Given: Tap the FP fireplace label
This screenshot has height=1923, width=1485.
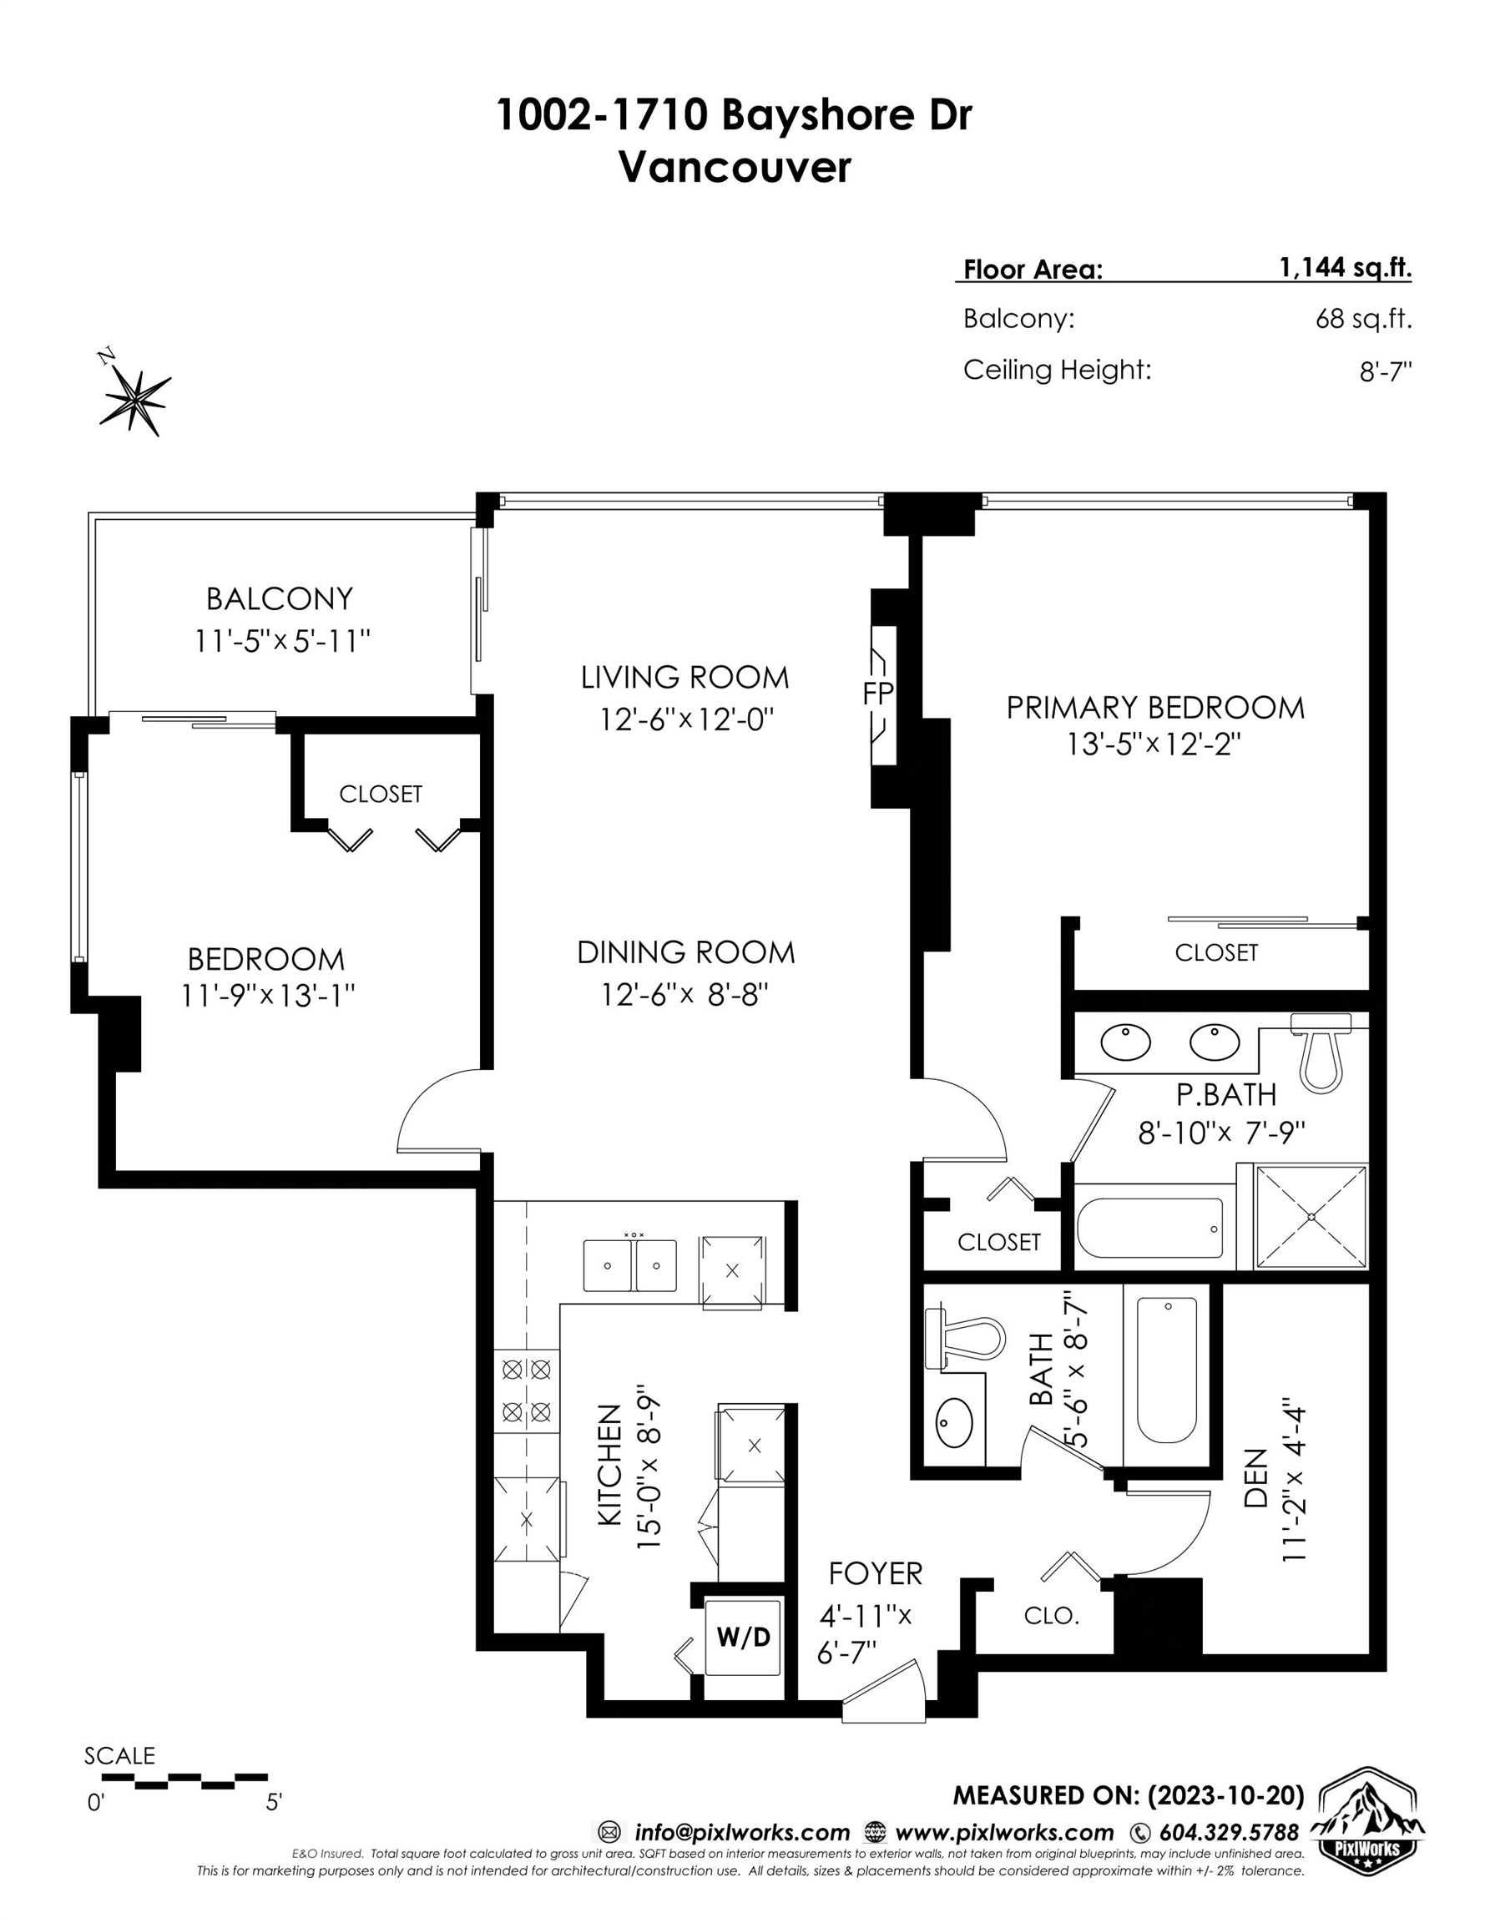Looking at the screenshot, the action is (x=878, y=694).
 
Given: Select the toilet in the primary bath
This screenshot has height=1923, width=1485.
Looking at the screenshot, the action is (x=1321, y=1052).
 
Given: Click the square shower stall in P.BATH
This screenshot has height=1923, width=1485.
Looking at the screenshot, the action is (x=1311, y=1217).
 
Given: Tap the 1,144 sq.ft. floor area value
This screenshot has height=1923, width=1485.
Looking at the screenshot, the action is (x=1345, y=268).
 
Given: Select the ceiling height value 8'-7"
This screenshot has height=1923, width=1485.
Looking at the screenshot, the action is (x=1386, y=371).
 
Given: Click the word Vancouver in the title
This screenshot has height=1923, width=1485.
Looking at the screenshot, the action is (x=735, y=167).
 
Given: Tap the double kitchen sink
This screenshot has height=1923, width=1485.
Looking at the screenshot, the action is (x=629, y=1265).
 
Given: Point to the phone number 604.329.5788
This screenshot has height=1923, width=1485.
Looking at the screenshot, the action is (x=1229, y=1833).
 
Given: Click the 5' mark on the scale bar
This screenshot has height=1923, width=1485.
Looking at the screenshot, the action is (x=274, y=1804).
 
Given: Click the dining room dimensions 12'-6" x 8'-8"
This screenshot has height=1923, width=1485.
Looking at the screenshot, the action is (x=685, y=995).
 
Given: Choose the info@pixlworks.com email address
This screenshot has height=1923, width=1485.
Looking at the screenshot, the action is (x=741, y=1833).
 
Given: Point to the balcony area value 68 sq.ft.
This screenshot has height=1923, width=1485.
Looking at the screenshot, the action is (x=1363, y=319).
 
